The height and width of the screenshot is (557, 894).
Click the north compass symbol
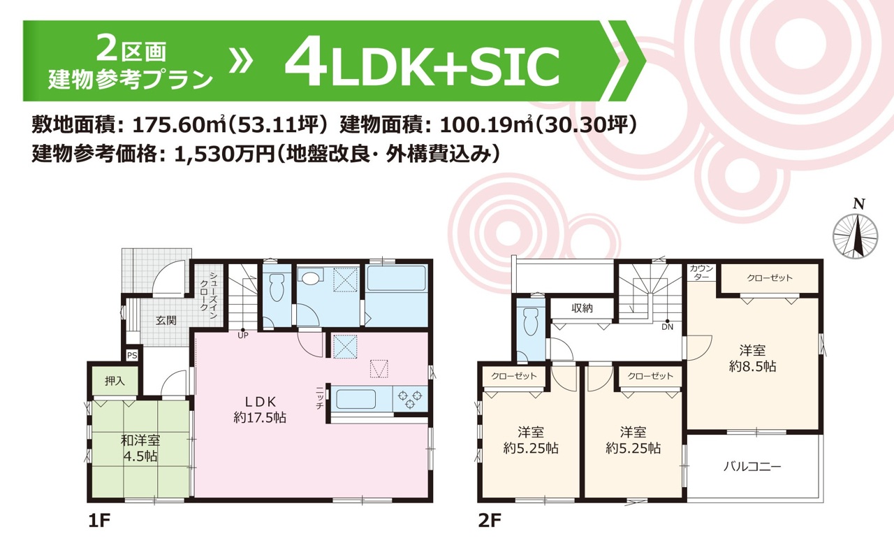[856, 236]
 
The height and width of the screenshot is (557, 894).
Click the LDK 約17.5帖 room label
[260, 410]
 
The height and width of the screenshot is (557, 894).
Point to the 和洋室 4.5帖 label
[140, 449]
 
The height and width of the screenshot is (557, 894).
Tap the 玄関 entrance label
[166, 321]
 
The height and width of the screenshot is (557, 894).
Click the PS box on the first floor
[132, 355]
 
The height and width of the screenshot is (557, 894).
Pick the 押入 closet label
[115, 382]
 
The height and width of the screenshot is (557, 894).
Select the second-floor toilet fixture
[530, 321]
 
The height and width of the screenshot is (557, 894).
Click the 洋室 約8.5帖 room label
[752, 359]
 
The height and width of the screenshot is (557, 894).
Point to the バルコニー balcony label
[752, 466]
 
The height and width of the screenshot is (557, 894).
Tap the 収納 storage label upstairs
[582, 308]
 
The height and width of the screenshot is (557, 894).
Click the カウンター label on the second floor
[701, 273]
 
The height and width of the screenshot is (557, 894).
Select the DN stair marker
[667, 326]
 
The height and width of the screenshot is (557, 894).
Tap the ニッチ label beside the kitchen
[320, 398]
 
